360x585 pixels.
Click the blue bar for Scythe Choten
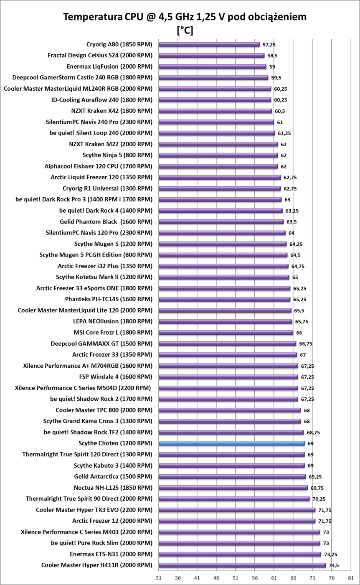(231, 443)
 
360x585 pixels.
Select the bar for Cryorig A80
(209, 44)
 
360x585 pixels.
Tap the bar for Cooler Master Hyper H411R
(242, 565)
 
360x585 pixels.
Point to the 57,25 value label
(269, 45)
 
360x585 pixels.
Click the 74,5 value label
(333, 566)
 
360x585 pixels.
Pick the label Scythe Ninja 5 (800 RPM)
(117, 155)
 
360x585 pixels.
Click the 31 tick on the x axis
(158, 578)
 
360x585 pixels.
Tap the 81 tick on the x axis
(350, 578)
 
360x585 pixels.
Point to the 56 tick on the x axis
(254, 578)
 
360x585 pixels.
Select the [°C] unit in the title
(185, 31)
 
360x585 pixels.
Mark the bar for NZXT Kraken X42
(215, 111)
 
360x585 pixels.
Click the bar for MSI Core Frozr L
(226, 333)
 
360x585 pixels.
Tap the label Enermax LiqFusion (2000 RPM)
(109, 66)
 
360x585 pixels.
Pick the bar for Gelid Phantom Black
(221, 221)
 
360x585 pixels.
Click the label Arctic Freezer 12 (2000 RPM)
(112, 521)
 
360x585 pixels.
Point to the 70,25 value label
(319, 499)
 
